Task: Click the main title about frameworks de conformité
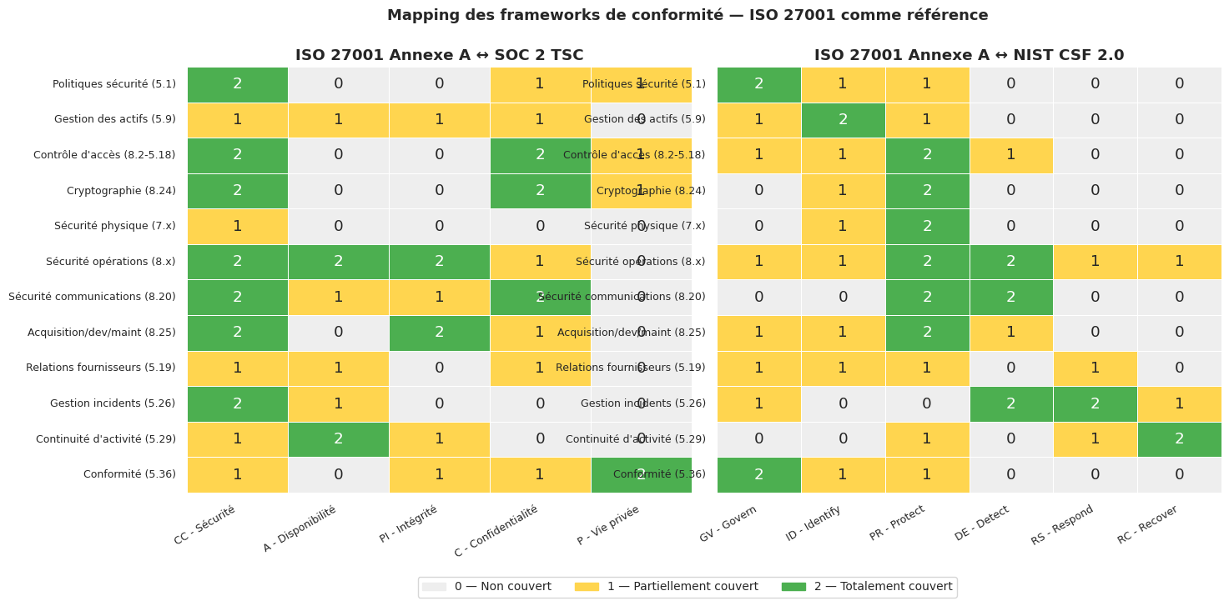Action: point(687,15)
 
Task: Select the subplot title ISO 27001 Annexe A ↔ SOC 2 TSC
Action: point(439,55)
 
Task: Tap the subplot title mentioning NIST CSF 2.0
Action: point(969,55)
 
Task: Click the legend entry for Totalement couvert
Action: point(868,587)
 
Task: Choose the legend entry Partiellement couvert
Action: point(667,587)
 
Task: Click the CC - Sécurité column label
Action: point(206,524)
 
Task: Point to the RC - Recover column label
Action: point(1149,524)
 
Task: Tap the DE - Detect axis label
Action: point(983,523)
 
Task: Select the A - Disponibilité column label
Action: point(300,528)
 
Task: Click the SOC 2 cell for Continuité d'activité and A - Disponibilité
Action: point(338,439)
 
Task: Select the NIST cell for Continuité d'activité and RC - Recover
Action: point(1179,439)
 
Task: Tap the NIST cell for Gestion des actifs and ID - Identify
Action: point(843,120)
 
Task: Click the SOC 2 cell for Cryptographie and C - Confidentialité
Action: point(540,191)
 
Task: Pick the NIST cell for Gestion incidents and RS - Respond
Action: point(1095,403)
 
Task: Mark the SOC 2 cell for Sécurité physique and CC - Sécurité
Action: point(237,226)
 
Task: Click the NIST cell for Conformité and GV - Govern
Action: point(758,474)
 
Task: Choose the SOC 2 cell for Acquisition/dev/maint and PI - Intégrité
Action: point(439,333)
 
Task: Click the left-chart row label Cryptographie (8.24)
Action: point(121,191)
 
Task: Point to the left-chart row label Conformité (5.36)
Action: point(129,474)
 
